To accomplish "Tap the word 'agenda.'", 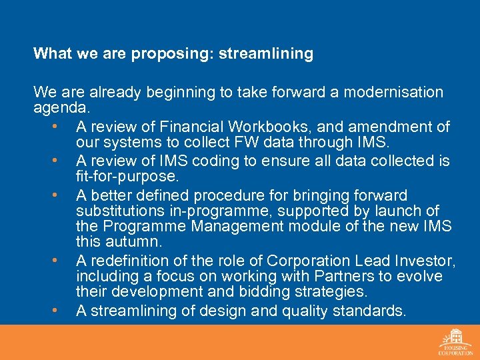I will tap(61, 107).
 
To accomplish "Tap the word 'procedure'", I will tap(258, 196).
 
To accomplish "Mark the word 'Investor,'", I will tap(421, 260).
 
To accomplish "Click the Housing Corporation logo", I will tap(455, 341).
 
